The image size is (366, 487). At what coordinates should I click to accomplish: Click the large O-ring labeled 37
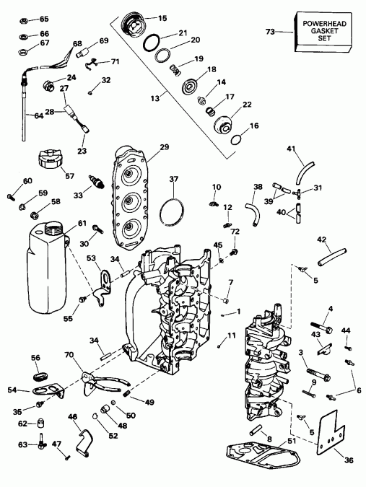point(172,210)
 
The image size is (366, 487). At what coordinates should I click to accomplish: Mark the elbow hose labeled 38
point(251,212)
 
